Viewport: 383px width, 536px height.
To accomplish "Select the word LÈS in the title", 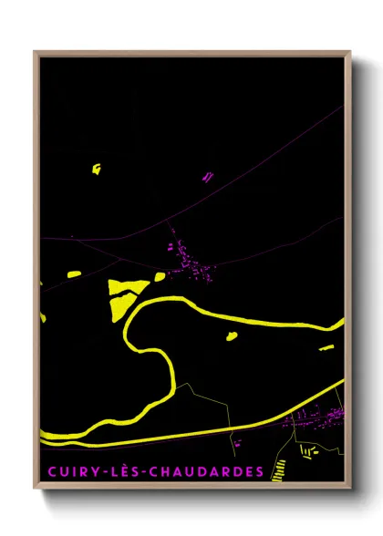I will [124, 471].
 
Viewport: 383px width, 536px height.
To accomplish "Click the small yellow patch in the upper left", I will [96, 168].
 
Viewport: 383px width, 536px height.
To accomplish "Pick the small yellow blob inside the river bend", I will [232, 335].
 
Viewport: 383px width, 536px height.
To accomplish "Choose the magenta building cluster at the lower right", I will [315, 417].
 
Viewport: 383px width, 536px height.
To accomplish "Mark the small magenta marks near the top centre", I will [208, 176].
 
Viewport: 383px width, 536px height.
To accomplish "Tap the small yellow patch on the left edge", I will [74, 273].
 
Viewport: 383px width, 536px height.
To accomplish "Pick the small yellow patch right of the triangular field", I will [160, 276].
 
